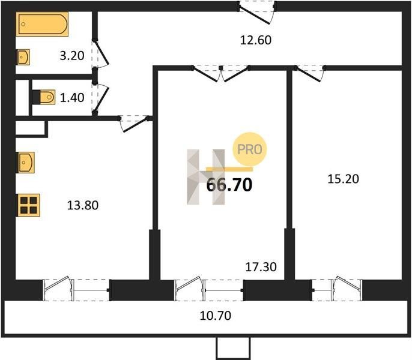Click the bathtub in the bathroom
click(x=42, y=24)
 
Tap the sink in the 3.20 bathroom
click(x=23, y=57)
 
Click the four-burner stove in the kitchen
click(x=28, y=205)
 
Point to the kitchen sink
click(x=26, y=162)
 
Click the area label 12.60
click(x=256, y=40)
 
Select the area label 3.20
click(x=72, y=56)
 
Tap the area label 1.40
click(x=72, y=98)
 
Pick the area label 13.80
click(x=83, y=205)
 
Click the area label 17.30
click(x=261, y=267)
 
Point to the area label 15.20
click(x=343, y=179)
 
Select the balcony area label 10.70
click(x=216, y=316)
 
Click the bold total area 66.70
click(x=229, y=185)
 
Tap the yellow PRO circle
click(x=250, y=149)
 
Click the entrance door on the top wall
click(x=256, y=13)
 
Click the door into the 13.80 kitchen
click(x=135, y=124)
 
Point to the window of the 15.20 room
click(x=337, y=289)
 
